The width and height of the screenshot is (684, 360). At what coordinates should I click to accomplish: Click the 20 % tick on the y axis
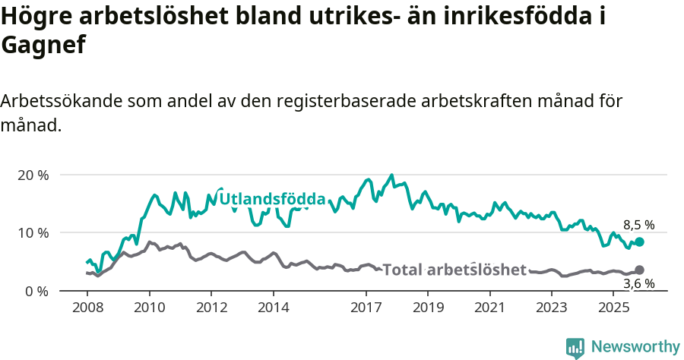point(32,175)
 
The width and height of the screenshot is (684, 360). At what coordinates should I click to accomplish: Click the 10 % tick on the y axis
point(32,232)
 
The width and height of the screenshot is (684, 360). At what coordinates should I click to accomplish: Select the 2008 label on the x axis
point(87,308)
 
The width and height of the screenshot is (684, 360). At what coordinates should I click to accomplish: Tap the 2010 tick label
point(149,308)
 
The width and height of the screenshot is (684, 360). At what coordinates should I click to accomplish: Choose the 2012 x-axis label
point(211,308)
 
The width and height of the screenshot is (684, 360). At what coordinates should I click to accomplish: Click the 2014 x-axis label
point(273,308)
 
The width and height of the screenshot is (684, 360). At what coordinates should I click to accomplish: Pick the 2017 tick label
point(366,308)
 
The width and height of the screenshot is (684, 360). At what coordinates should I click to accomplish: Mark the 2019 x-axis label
point(429,308)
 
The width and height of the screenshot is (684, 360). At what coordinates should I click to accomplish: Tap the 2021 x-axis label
point(490,308)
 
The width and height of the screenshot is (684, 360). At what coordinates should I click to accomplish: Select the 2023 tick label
point(553,308)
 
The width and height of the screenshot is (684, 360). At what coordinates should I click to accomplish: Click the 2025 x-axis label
point(614,308)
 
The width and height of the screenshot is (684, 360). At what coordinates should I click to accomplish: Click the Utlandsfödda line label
point(272,200)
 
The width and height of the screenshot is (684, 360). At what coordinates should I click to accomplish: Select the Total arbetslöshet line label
point(454,270)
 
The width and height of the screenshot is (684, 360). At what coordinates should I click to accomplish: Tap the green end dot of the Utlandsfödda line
point(639,242)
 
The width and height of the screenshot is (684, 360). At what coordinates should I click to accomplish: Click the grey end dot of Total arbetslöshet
point(639,270)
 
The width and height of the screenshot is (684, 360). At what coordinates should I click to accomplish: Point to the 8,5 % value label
point(638,225)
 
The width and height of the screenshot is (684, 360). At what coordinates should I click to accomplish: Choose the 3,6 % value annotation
point(638,284)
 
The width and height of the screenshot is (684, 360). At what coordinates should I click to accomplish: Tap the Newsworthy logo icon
point(575,347)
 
